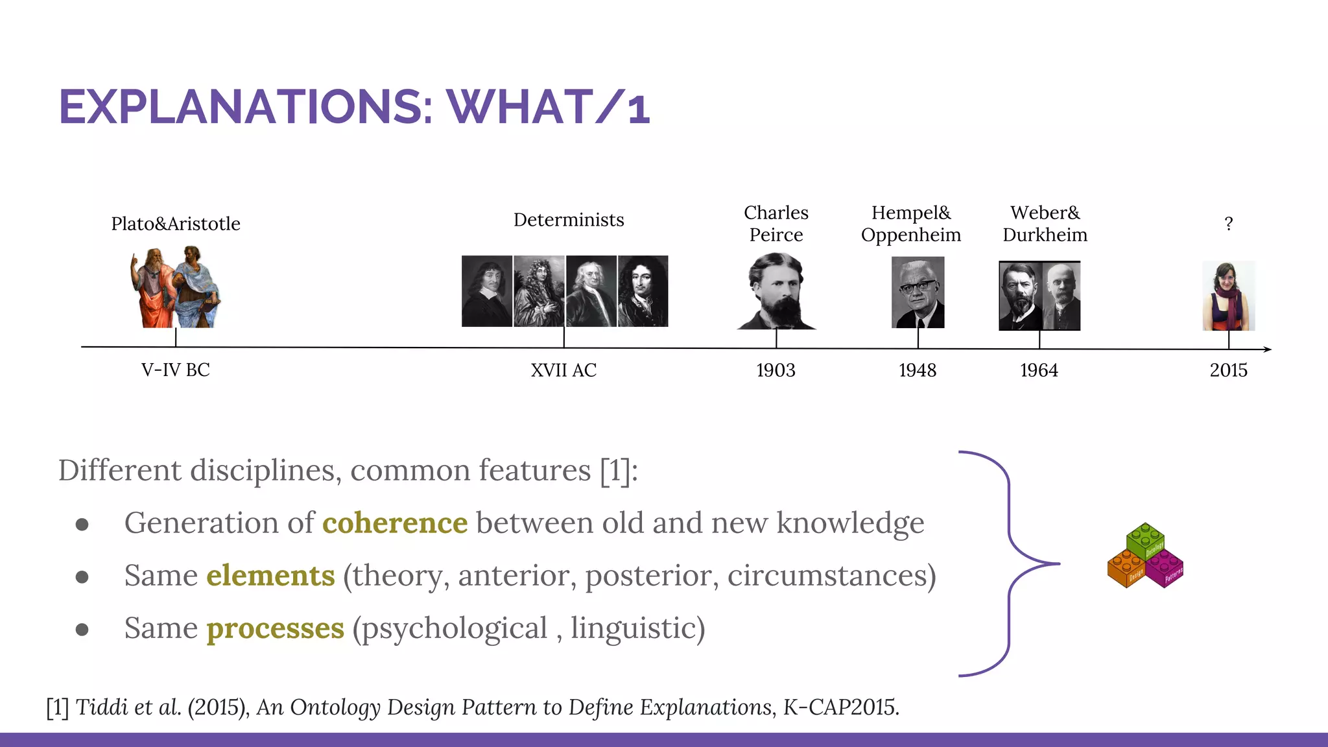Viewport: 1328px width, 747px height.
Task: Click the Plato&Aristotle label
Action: point(176,224)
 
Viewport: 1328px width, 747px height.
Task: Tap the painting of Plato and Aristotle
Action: point(175,287)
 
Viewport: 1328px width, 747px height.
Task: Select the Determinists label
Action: point(569,220)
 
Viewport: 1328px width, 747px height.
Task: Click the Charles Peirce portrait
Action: point(776,291)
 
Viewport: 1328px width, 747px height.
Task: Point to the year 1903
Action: point(776,370)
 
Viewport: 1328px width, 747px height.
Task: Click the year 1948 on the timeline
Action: point(918,370)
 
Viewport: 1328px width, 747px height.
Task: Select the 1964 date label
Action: point(1039,370)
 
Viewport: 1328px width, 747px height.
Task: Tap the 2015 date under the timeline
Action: point(1228,370)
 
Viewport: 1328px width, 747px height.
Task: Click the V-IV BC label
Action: point(176,370)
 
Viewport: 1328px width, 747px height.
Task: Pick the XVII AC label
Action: point(563,370)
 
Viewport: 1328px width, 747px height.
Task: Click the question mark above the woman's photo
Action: point(1228,224)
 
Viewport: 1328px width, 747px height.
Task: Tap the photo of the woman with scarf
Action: point(1228,296)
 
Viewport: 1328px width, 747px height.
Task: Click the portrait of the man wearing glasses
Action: point(918,292)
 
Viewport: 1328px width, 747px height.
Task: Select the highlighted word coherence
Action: point(395,523)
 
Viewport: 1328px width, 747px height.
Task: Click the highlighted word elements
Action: point(270,575)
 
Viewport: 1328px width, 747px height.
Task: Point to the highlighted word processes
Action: point(275,628)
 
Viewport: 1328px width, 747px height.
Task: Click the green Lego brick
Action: point(1145,539)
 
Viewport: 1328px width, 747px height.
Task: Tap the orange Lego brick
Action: point(1126,569)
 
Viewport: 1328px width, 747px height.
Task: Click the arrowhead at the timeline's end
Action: point(1268,350)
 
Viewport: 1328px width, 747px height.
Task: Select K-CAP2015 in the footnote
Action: point(840,707)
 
